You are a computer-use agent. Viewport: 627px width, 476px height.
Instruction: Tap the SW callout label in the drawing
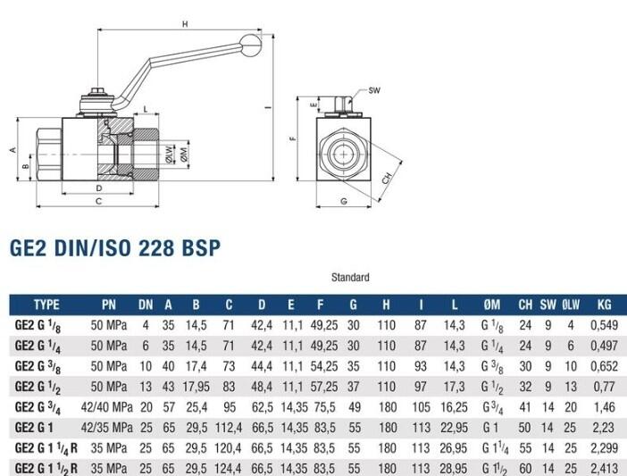click(x=374, y=90)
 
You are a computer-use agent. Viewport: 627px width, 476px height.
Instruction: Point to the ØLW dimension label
click(x=170, y=154)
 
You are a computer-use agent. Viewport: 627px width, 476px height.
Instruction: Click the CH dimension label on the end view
click(x=387, y=179)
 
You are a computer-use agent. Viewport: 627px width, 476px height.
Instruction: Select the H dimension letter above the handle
click(x=185, y=24)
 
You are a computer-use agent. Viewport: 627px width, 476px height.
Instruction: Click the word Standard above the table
click(x=350, y=278)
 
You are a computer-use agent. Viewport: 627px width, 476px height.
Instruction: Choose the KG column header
click(x=604, y=305)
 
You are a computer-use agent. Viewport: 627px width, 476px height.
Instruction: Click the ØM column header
click(x=491, y=305)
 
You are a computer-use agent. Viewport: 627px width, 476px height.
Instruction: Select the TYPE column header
click(x=46, y=305)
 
